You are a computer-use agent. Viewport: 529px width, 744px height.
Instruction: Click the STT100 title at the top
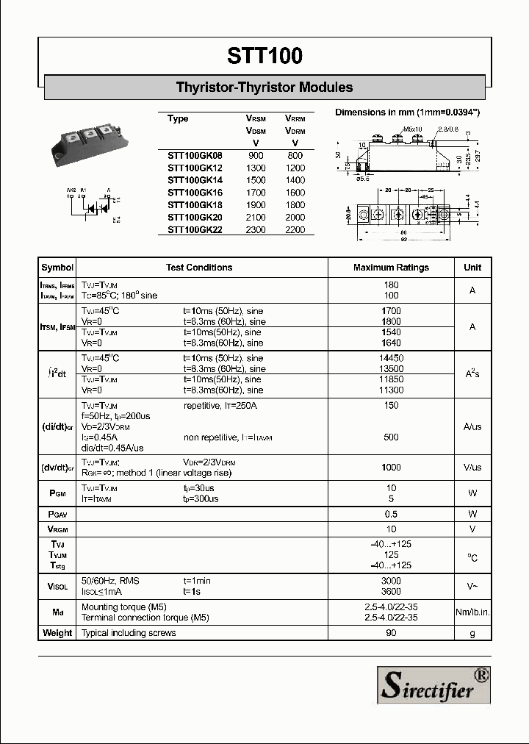click(264, 56)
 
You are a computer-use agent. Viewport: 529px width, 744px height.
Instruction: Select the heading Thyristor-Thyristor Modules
click(264, 87)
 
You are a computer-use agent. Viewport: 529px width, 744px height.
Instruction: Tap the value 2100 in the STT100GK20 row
click(255, 217)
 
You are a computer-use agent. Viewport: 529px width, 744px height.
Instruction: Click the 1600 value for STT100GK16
click(295, 193)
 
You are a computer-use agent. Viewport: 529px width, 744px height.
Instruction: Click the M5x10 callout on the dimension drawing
click(412, 129)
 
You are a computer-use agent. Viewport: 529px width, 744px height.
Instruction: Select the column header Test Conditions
click(199, 268)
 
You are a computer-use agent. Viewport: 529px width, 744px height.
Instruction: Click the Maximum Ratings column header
click(391, 268)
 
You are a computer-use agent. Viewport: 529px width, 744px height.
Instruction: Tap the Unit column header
click(472, 268)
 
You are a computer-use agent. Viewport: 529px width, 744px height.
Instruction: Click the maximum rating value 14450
click(391, 358)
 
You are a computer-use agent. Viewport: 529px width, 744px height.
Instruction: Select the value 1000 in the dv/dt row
click(391, 468)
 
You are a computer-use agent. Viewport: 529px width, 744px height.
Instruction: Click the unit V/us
click(472, 468)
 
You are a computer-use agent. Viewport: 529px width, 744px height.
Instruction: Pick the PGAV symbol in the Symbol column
click(57, 514)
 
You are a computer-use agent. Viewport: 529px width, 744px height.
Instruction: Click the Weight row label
click(57, 633)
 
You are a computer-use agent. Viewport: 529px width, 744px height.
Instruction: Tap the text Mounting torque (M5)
click(124, 607)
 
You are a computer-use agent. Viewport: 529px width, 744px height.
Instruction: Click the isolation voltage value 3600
click(391, 591)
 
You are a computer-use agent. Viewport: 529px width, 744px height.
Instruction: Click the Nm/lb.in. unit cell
click(472, 612)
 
